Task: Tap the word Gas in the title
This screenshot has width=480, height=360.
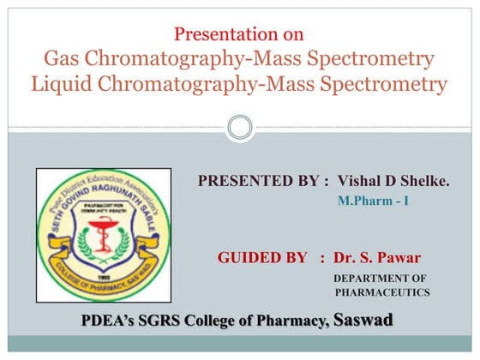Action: [62, 60]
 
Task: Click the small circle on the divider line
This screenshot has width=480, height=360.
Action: [240, 128]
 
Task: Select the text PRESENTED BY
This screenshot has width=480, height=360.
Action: [258, 183]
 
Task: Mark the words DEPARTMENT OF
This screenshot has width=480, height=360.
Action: [379, 278]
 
